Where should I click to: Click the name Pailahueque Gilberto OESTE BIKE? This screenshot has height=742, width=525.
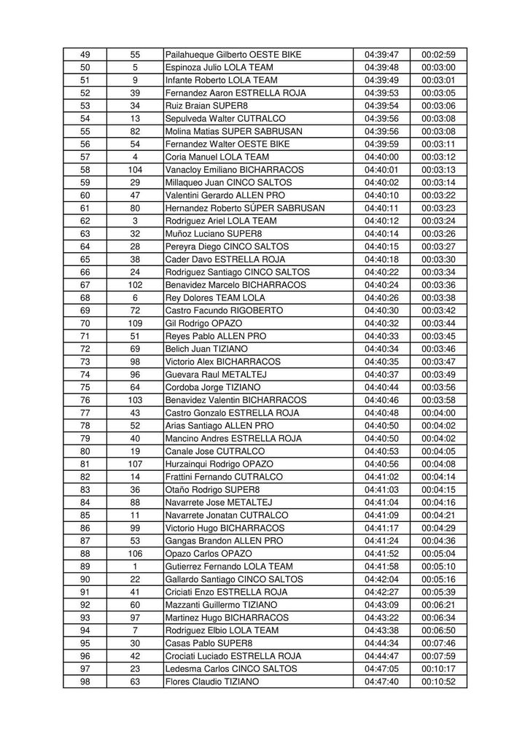click(233, 55)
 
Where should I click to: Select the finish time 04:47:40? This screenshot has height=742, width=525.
click(381, 682)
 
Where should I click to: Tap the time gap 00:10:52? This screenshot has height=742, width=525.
click(438, 682)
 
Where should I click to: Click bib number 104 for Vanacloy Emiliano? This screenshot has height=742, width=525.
click(135, 170)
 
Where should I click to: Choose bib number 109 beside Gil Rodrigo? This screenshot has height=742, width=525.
click(135, 323)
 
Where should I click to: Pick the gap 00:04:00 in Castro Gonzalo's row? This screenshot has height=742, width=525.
click(438, 413)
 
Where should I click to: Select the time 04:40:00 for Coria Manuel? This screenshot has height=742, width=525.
click(381, 157)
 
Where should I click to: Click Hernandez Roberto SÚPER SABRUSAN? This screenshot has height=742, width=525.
click(245, 208)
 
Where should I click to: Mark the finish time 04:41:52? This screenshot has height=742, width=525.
click(381, 553)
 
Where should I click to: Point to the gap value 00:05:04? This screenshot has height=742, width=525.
click(438, 553)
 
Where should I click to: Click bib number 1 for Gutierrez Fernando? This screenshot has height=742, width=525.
click(135, 566)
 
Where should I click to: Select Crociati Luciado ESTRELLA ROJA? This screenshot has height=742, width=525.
click(233, 656)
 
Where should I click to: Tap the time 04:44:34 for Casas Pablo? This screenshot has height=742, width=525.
click(381, 643)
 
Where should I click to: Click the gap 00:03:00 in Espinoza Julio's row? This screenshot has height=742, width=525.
click(438, 67)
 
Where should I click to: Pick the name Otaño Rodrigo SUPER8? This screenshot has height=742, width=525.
click(212, 489)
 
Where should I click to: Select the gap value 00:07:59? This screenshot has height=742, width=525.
click(438, 656)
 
